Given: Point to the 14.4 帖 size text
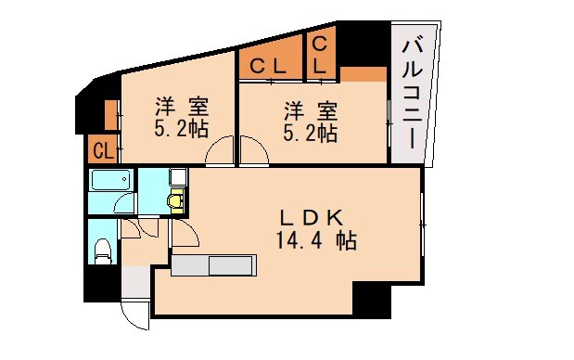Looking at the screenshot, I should [x=315, y=241].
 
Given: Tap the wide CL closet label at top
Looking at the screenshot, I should [x=269, y=66].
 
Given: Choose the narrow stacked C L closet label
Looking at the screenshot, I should [x=319, y=55].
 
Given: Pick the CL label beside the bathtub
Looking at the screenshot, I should [x=102, y=148].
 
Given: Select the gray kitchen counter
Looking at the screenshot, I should [x=213, y=266].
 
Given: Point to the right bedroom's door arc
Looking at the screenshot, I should [x=253, y=151].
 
